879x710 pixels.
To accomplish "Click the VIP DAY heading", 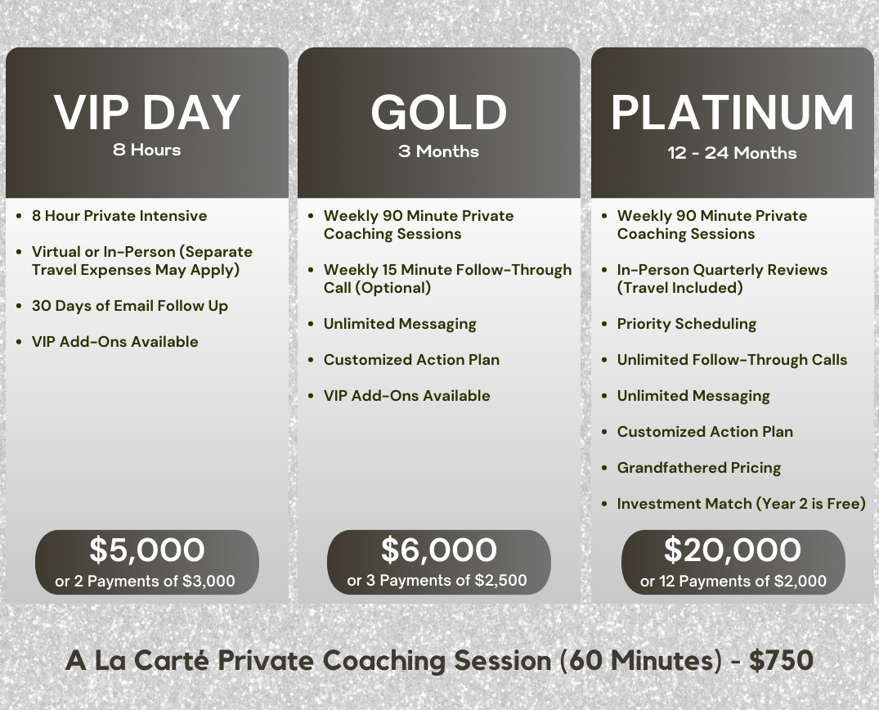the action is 147,113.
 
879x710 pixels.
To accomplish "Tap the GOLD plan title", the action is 439,113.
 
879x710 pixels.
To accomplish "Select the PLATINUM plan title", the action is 732,113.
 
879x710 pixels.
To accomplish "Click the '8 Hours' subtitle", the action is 147,150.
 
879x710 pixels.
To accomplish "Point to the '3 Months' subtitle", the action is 438,151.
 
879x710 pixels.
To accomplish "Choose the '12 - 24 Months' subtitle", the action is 732,152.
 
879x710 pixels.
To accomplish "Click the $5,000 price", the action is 147,550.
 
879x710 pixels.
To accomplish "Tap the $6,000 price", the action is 439,550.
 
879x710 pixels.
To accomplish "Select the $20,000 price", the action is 732,550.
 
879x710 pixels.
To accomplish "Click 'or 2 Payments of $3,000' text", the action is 146,581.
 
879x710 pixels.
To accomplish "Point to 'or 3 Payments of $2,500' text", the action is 437,581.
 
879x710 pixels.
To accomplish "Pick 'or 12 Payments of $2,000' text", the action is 733,581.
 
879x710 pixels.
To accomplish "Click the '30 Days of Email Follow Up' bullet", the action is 130,306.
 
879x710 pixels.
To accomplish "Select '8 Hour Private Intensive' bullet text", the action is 119,216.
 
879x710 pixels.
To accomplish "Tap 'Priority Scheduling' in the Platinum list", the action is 687,324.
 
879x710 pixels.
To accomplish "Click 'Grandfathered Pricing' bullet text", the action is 699,468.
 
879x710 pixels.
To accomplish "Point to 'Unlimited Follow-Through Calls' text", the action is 732,360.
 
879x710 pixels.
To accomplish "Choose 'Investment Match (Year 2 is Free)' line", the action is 742,504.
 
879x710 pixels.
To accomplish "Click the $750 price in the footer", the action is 782,660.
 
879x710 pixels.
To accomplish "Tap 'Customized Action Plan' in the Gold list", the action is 411,360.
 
